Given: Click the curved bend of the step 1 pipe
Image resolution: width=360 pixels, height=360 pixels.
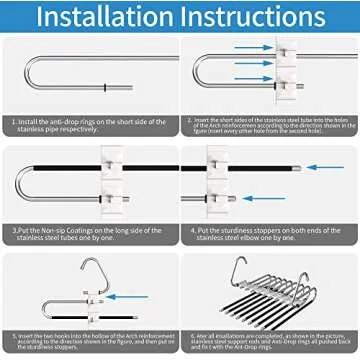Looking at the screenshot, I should (x=38, y=75).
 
